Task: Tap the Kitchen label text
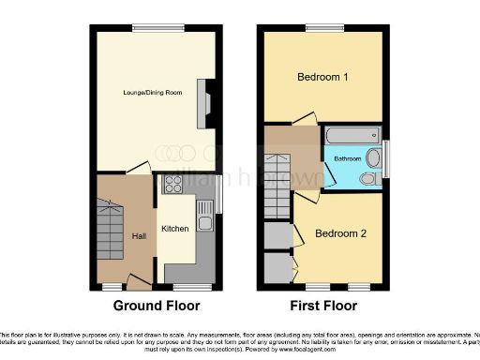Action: click(175, 229)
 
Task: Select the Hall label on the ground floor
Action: click(139, 236)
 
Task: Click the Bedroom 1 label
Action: click(322, 77)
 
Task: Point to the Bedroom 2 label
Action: click(339, 233)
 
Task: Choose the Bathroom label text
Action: click(348, 159)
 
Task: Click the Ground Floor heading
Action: click(156, 306)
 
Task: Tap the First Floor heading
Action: click(323, 306)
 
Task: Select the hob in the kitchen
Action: click(172, 184)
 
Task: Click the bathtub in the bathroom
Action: click(349, 134)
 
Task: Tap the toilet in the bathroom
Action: click(369, 178)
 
